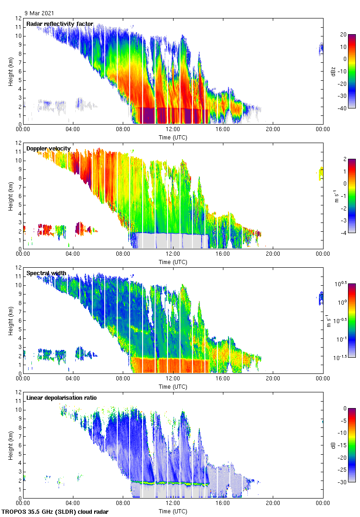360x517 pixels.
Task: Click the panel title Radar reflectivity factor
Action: tap(60, 24)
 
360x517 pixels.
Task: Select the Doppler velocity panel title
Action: tap(48, 149)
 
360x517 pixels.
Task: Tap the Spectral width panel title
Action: tap(46, 273)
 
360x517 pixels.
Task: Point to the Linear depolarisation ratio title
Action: tap(61, 397)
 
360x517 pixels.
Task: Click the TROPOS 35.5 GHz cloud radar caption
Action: tap(55, 511)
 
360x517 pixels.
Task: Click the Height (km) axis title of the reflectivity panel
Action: tap(11, 71)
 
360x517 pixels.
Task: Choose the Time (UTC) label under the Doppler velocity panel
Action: tap(173, 262)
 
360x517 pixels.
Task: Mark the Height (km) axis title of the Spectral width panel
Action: tap(11, 320)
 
